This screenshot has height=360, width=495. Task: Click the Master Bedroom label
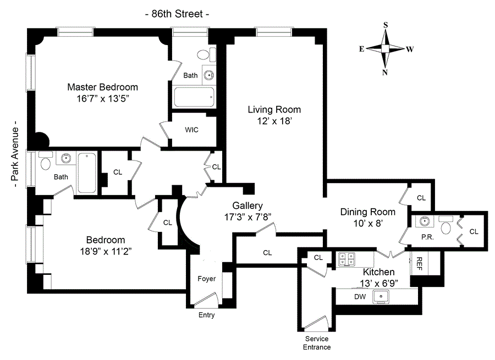pyautogui.click(x=103, y=87)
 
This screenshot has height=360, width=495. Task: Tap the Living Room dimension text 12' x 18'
pyautogui.click(x=274, y=121)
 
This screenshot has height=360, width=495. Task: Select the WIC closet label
pyautogui.click(x=191, y=130)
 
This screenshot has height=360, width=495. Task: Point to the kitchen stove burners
pyautogui.click(x=346, y=259)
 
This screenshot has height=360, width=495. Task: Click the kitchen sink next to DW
pyautogui.click(x=381, y=297)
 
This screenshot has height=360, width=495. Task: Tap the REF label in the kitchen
pyautogui.click(x=419, y=264)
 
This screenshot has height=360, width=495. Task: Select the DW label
pyautogui.click(x=360, y=297)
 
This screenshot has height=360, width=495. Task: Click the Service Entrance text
pyautogui.click(x=317, y=343)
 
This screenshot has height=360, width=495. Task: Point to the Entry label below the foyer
pyautogui.click(x=206, y=315)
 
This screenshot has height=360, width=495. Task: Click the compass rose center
pyautogui.click(x=385, y=48)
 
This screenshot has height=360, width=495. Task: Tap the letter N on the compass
pyautogui.click(x=385, y=73)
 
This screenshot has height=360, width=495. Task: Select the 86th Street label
pyautogui.click(x=177, y=14)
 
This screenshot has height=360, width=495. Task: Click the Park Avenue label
pyautogui.click(x=14, y=154)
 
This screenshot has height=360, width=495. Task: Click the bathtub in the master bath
pyautogui.click(x=194, y=97)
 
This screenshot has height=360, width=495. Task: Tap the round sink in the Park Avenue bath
pyautogui.click(x=66, y=158)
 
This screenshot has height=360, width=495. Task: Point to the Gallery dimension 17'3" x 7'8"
pyautogui.click(x=248, y=217)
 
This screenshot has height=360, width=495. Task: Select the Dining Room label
pyautogui.click(x=368, y=212)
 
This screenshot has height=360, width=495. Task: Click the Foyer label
pyautogui.click(x=207, y=279)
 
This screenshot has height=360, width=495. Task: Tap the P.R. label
pyautogui.click(x=427, y=237)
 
